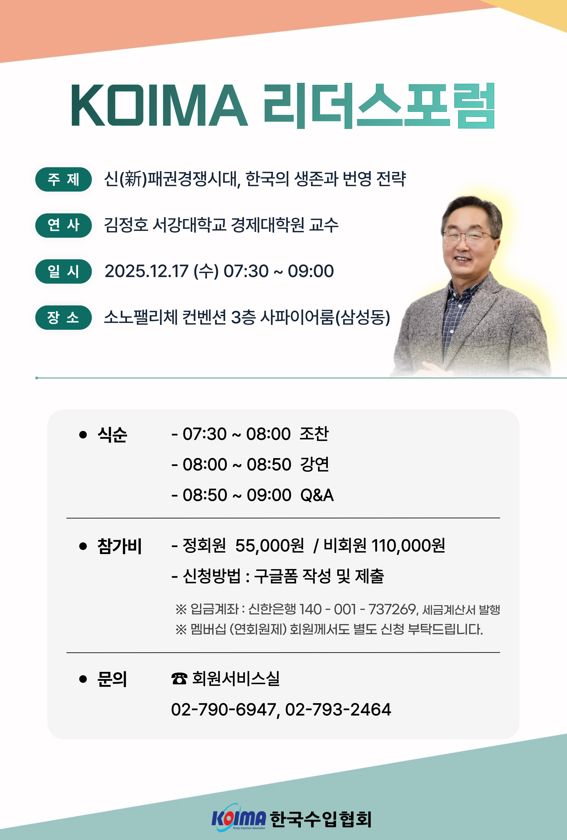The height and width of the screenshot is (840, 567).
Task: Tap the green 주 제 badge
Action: pos(63,179)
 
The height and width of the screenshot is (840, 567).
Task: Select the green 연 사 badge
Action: pos(63,225)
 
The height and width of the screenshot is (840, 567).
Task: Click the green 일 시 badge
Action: pos(63,271)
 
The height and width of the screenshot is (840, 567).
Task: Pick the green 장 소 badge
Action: pos(63,318)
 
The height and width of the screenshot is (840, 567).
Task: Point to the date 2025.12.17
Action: pos(146,271)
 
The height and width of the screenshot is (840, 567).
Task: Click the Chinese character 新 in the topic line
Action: pos(133,179)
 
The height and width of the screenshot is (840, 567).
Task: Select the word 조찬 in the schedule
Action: pos(314,434)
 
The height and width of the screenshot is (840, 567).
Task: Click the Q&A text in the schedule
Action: pos(317,495)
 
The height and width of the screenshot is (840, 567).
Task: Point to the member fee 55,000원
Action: pos(270,545)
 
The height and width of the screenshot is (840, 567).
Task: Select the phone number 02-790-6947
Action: pos(224,710)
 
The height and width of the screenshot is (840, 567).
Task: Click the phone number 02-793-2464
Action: pos(338,710)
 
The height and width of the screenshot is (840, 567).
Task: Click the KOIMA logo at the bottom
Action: pos(239,818)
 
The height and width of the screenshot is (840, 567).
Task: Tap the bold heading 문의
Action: pos(112,679)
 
